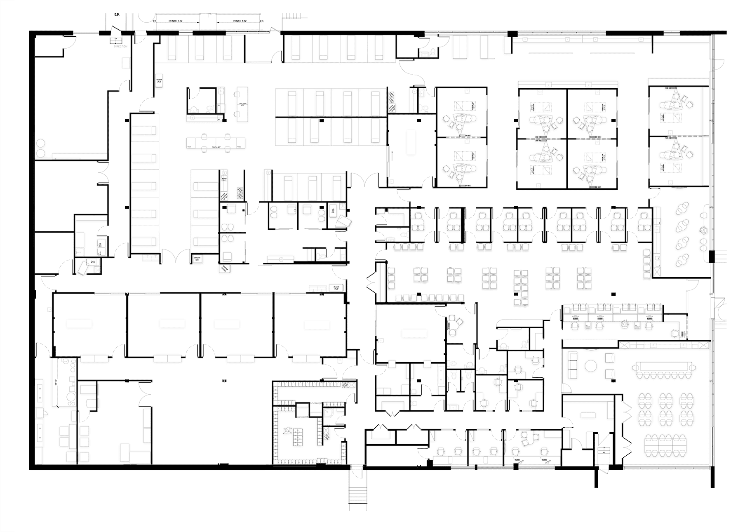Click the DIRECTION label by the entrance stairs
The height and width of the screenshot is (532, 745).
click(x=120, y=47)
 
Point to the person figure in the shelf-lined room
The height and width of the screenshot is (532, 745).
click(x=289, y=432)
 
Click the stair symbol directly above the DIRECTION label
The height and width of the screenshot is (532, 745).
click(x=116, y=39)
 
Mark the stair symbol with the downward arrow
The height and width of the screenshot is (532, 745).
click(x=604, y=450)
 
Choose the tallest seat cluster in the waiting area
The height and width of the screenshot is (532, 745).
click(x=521, y=288)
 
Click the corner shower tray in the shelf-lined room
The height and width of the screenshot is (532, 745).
click(x=329, y=413)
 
